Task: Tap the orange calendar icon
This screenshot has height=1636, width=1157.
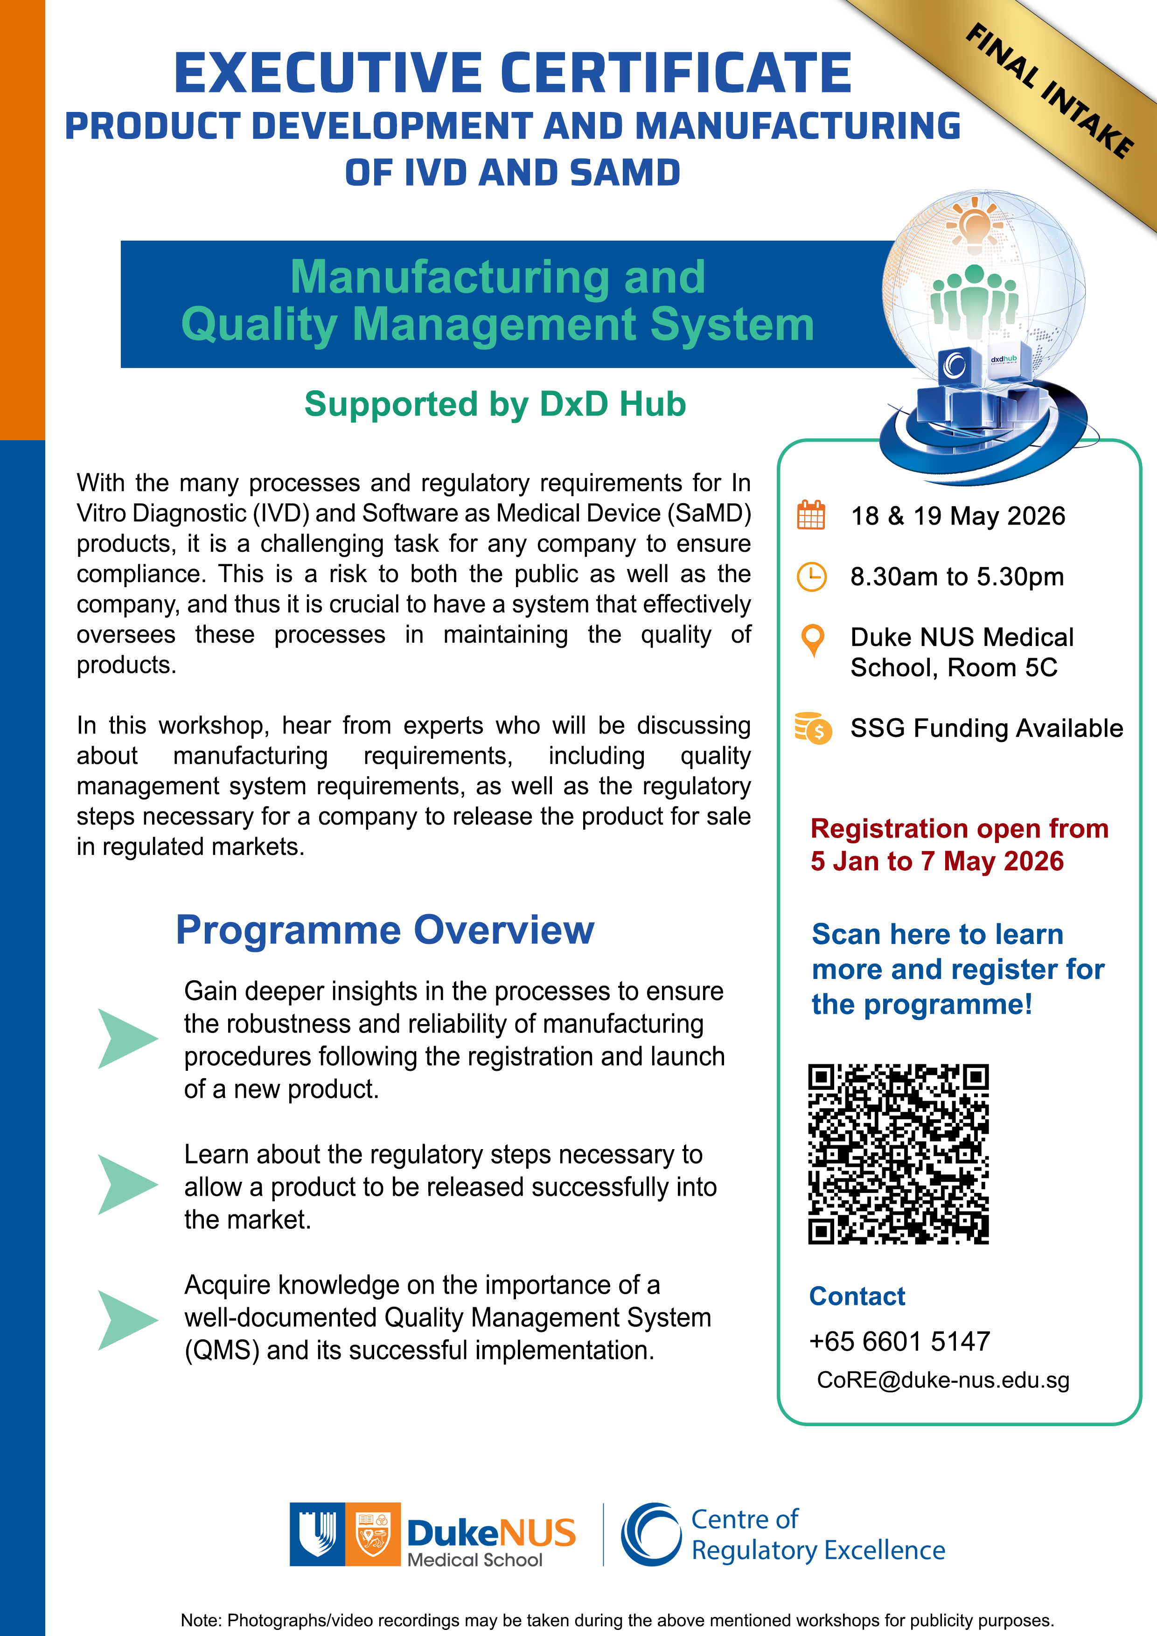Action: pos(810,515)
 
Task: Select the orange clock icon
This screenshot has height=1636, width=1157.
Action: pos(811,576)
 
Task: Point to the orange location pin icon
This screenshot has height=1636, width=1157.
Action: pos(813,640)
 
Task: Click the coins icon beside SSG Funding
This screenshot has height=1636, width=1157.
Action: pos(813,728)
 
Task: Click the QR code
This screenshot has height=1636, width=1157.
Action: pos(898,1154)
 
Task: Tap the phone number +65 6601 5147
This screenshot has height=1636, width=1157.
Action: pos(899,1341)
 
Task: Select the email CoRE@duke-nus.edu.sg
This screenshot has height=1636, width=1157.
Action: pos(942,1380)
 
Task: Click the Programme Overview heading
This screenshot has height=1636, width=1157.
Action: pos(385,930)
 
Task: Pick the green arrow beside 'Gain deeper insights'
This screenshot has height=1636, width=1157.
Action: pos(127,1038)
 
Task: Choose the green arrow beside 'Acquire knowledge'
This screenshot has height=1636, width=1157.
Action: pos(127,1320)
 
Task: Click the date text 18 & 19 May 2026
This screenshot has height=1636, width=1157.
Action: pos(957,516)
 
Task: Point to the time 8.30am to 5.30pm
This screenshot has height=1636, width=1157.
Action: pos(957,576)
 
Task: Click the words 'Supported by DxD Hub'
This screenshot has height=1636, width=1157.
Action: pos(495,404)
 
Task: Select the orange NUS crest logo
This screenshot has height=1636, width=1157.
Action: pos(373,1534)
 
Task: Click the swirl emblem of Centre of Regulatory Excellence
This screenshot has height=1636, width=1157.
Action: pos(651,1534)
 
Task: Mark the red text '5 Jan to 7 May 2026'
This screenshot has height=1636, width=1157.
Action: pos(937,861)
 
